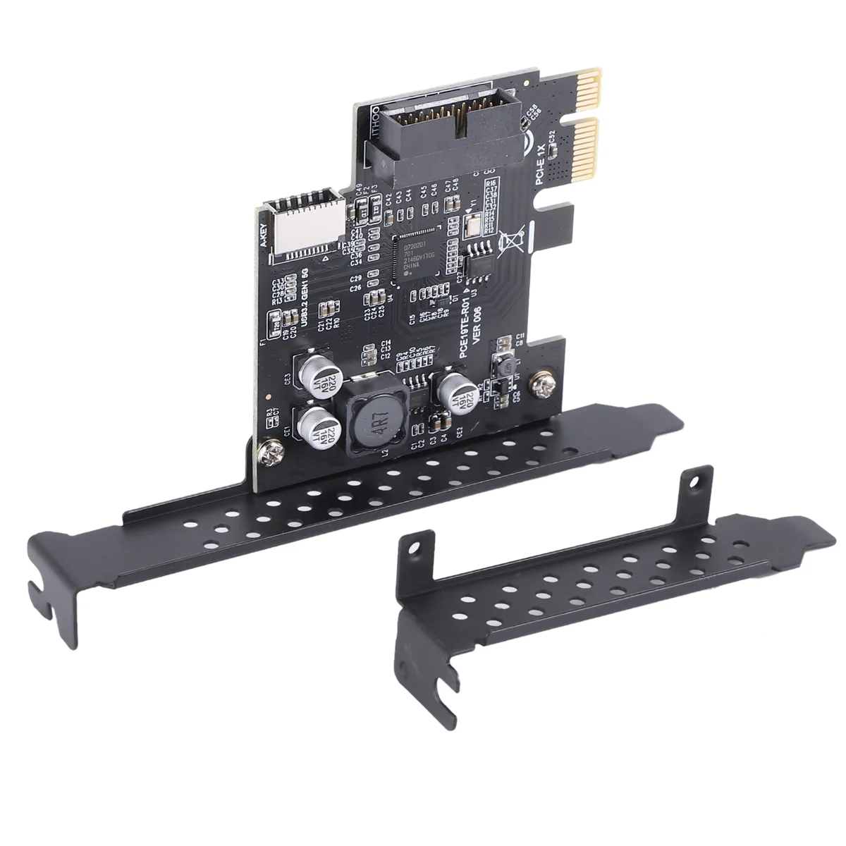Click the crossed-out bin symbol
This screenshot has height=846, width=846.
[511, 243]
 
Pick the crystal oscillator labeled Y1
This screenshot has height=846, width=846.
[472, 224]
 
